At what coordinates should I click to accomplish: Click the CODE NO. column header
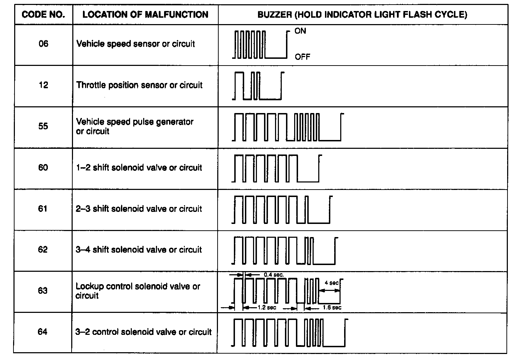click(43, 15)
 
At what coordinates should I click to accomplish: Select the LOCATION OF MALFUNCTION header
click(145, 15)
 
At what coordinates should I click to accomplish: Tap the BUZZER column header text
click(362, 15)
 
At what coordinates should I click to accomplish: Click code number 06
click(43, 44)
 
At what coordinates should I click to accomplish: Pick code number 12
click(43, 85)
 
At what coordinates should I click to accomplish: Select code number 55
click(43, 126)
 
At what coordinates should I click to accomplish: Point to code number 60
click(43, 167)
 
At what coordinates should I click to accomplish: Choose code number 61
click(43, 208)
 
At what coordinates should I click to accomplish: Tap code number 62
click(43, 249)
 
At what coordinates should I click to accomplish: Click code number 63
click(43, 291)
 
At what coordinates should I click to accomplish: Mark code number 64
click(43, 332)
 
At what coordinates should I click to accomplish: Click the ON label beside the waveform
click(300, 31)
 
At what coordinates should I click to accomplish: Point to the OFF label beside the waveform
click(302, 57)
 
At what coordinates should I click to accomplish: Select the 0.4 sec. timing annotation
click(274, 274)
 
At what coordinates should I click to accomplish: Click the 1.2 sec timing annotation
click(267, 308)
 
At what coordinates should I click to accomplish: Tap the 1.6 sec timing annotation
click(332, 308)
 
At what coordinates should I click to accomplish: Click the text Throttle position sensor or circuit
click(139, 85)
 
